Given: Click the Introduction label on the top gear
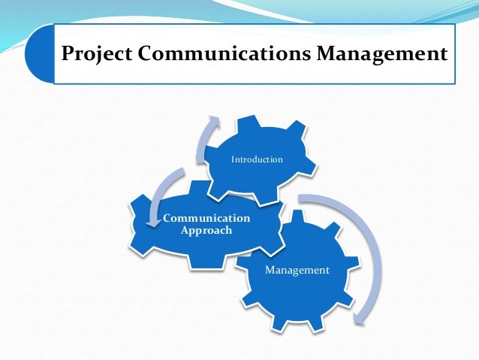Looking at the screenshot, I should click(257, 159).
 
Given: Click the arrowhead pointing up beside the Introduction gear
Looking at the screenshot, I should click(214, 122).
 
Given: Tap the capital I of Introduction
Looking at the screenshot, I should click(232, 159).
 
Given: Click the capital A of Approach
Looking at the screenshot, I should click(185, 230).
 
